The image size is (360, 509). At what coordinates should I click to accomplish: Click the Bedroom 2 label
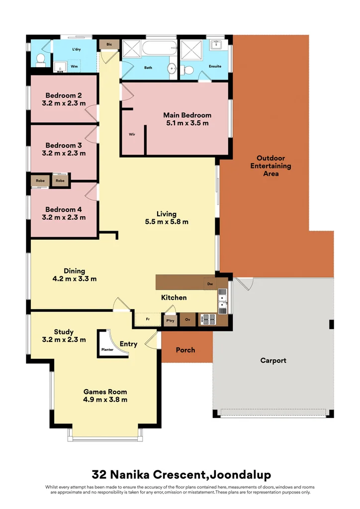tap(64, 95)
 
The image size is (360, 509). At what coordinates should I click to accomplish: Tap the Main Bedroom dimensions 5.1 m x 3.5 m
tap(187, 123)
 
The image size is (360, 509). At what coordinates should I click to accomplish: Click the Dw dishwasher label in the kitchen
tap(210, 284)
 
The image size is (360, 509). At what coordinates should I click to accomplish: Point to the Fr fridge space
tap(148, 320)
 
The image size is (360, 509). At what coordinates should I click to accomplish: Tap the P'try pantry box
tap(171, 320)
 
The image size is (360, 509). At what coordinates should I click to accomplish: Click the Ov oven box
tap(187, 320)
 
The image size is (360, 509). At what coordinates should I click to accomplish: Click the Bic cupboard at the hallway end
tap(109, 44)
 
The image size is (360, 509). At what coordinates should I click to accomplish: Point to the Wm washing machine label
tap(75, 66)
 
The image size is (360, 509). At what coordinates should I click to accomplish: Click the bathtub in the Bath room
tap(160, 48)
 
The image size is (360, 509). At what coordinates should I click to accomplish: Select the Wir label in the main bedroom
tap(132, 134)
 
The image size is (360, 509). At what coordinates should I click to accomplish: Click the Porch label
tap(185, 350)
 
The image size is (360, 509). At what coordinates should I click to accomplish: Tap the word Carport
tap(273, 361)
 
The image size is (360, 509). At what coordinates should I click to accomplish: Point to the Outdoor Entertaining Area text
tap(270, 166)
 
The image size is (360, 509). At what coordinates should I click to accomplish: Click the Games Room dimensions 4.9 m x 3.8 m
tap(105, 400)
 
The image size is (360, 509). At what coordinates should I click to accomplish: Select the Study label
tap(64, 332)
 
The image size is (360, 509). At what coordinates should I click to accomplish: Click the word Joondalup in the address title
tap(240, 475)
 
